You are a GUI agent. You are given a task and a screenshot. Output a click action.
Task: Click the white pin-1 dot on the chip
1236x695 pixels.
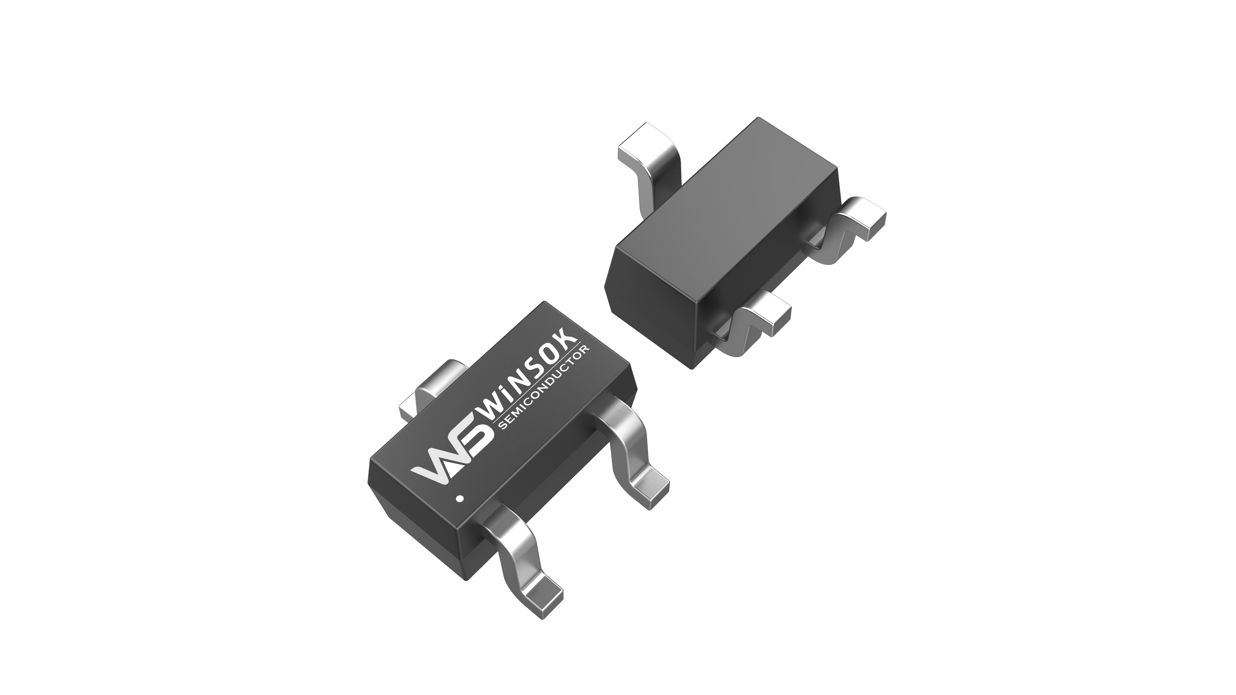[460, 499]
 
